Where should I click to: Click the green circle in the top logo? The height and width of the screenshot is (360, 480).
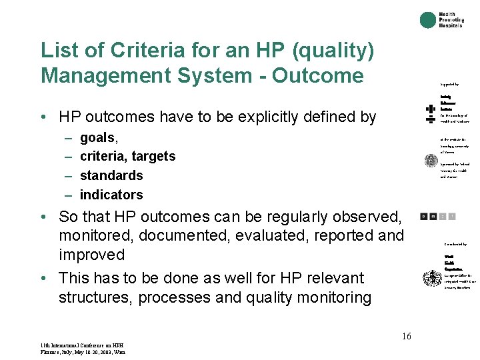[428, 20]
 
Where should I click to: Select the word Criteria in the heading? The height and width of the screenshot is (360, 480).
[135, 50]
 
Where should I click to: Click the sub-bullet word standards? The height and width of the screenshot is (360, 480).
[111, 175]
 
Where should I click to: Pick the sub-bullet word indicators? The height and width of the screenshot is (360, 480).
[111, 195]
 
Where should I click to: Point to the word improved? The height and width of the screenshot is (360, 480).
[92, 255]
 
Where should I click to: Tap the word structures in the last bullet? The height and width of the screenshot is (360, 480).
[93, 297]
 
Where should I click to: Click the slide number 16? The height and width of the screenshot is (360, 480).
[407, 337]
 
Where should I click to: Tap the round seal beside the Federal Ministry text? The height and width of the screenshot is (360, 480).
[431, 161]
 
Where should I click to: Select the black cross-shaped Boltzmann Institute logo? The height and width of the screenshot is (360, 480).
[431, 112]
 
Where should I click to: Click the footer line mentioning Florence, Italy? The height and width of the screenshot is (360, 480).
[82, 352]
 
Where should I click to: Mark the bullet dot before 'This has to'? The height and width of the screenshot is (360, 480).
[42, 278]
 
